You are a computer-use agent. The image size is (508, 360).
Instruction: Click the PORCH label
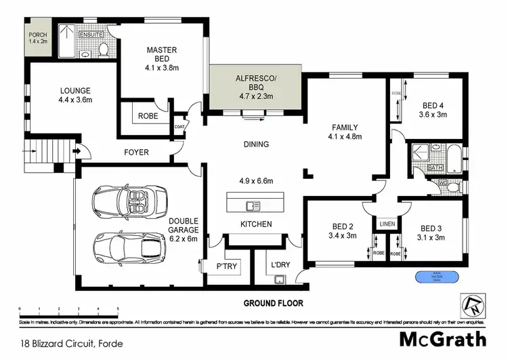35,37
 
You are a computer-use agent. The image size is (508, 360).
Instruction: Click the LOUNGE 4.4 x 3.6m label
75,95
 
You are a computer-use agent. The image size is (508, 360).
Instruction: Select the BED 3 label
431,233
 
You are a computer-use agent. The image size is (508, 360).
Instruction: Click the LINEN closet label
387,224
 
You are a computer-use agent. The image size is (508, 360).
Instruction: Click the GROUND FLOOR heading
274,303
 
